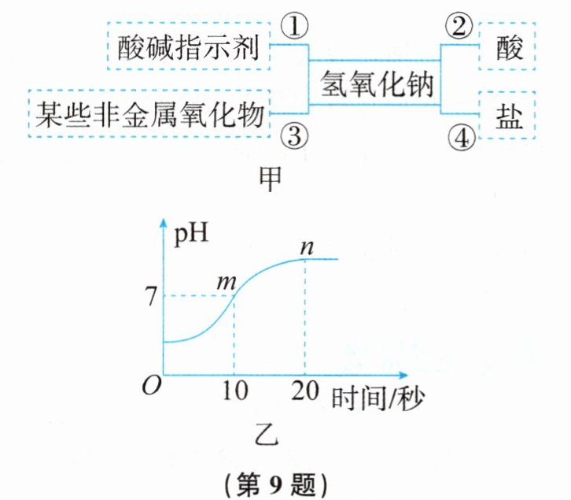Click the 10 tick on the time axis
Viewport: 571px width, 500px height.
click(x=234, y=390)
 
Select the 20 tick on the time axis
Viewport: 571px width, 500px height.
click(x=304, y=390)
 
